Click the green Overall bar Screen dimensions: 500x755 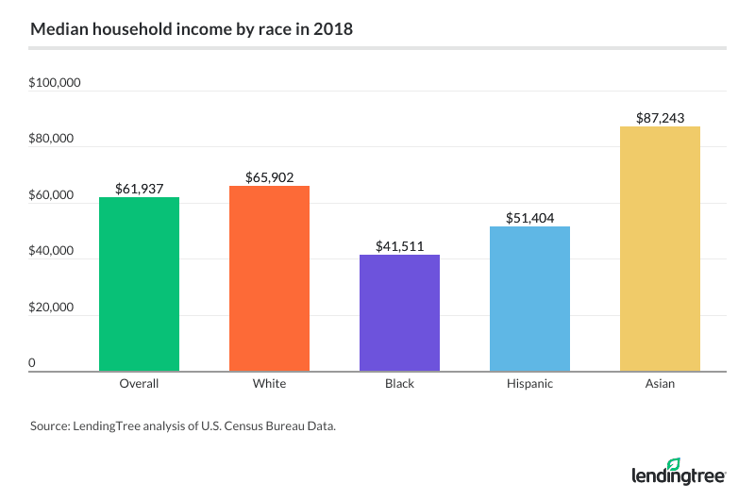coord(139,284)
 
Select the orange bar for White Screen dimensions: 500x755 coord(269,278)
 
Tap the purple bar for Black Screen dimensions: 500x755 coord(399,313)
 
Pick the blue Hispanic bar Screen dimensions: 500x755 coord(529,299)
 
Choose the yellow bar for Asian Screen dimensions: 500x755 coord(660,249)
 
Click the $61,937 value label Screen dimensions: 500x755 coord(139,189)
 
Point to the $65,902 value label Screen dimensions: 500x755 coord(269,177)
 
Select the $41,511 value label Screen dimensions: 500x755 coord(399,246)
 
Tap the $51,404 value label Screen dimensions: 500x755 coord(529,218)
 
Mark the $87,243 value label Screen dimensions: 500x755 coord(660,118)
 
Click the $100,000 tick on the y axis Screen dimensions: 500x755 coord(55,83)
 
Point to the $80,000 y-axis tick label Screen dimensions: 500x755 coord(52,139)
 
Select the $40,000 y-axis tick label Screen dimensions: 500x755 coord(52,251)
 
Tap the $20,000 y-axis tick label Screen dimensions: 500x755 coord(52,308)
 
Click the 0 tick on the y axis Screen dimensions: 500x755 coord(32,363)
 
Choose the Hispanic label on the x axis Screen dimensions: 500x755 coord(529,385)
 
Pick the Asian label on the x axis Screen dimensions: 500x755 coord(660,385)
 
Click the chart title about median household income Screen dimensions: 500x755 coord(192,29)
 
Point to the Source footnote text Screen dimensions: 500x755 coord(183,426)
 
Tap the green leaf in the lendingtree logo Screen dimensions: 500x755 coord(699,465)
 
